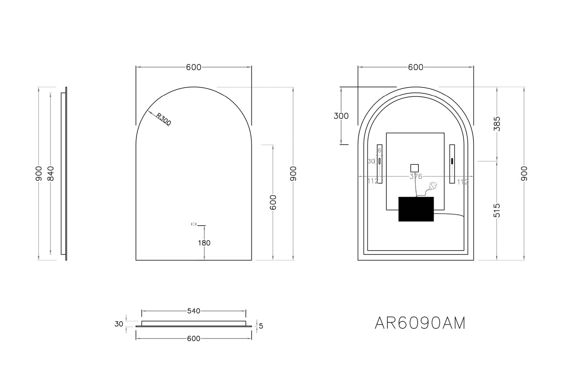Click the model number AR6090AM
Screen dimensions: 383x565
[420, 323]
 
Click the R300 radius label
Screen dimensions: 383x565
[163, 119]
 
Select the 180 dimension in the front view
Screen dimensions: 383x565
[204, 243]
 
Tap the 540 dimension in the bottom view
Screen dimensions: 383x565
[194, 311]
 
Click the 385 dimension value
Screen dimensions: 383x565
[497, 124]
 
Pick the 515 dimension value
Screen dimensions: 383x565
[497, 210]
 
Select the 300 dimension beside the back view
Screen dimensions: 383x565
[341, 116]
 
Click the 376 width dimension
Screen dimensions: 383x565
[416, 176]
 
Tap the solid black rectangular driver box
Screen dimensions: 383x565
[416, 209]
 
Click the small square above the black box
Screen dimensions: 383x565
[414, 168]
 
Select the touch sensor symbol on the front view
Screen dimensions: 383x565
[194, 224]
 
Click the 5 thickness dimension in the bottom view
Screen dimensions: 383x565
[261, 326]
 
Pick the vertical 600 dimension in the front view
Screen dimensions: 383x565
[273, 202]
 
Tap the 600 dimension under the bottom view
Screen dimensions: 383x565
[194, 338]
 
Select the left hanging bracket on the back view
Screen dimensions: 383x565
[379, 164]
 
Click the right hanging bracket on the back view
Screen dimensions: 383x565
[452, 164]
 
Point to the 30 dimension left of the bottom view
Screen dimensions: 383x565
[119, 324]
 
